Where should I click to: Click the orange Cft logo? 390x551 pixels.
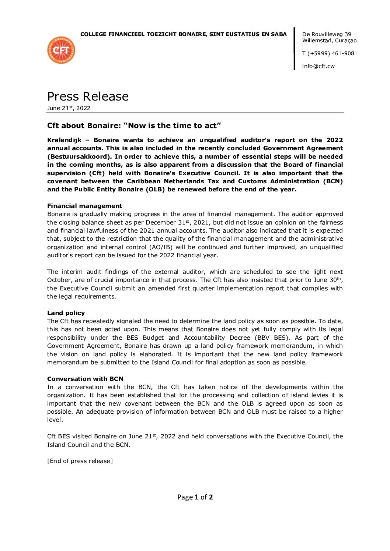(61, 50)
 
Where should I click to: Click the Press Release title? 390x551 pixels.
(88, 96)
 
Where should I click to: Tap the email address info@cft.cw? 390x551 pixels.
(318, 66)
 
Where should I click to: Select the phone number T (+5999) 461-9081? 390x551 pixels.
(330, 53)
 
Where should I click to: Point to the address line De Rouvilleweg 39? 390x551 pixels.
(327, 34)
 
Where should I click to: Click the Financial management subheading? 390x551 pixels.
(84, 206)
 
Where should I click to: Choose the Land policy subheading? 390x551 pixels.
(66, 313)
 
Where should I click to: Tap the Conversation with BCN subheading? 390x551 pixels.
(85, 379)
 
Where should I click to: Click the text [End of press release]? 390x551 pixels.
(80, 461)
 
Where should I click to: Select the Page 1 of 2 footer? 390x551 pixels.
(195, 497)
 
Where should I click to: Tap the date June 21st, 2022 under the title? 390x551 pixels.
(69, 108)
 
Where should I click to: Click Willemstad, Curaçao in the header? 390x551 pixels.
(329, 40)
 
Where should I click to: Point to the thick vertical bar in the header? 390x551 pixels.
(295, 49)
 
